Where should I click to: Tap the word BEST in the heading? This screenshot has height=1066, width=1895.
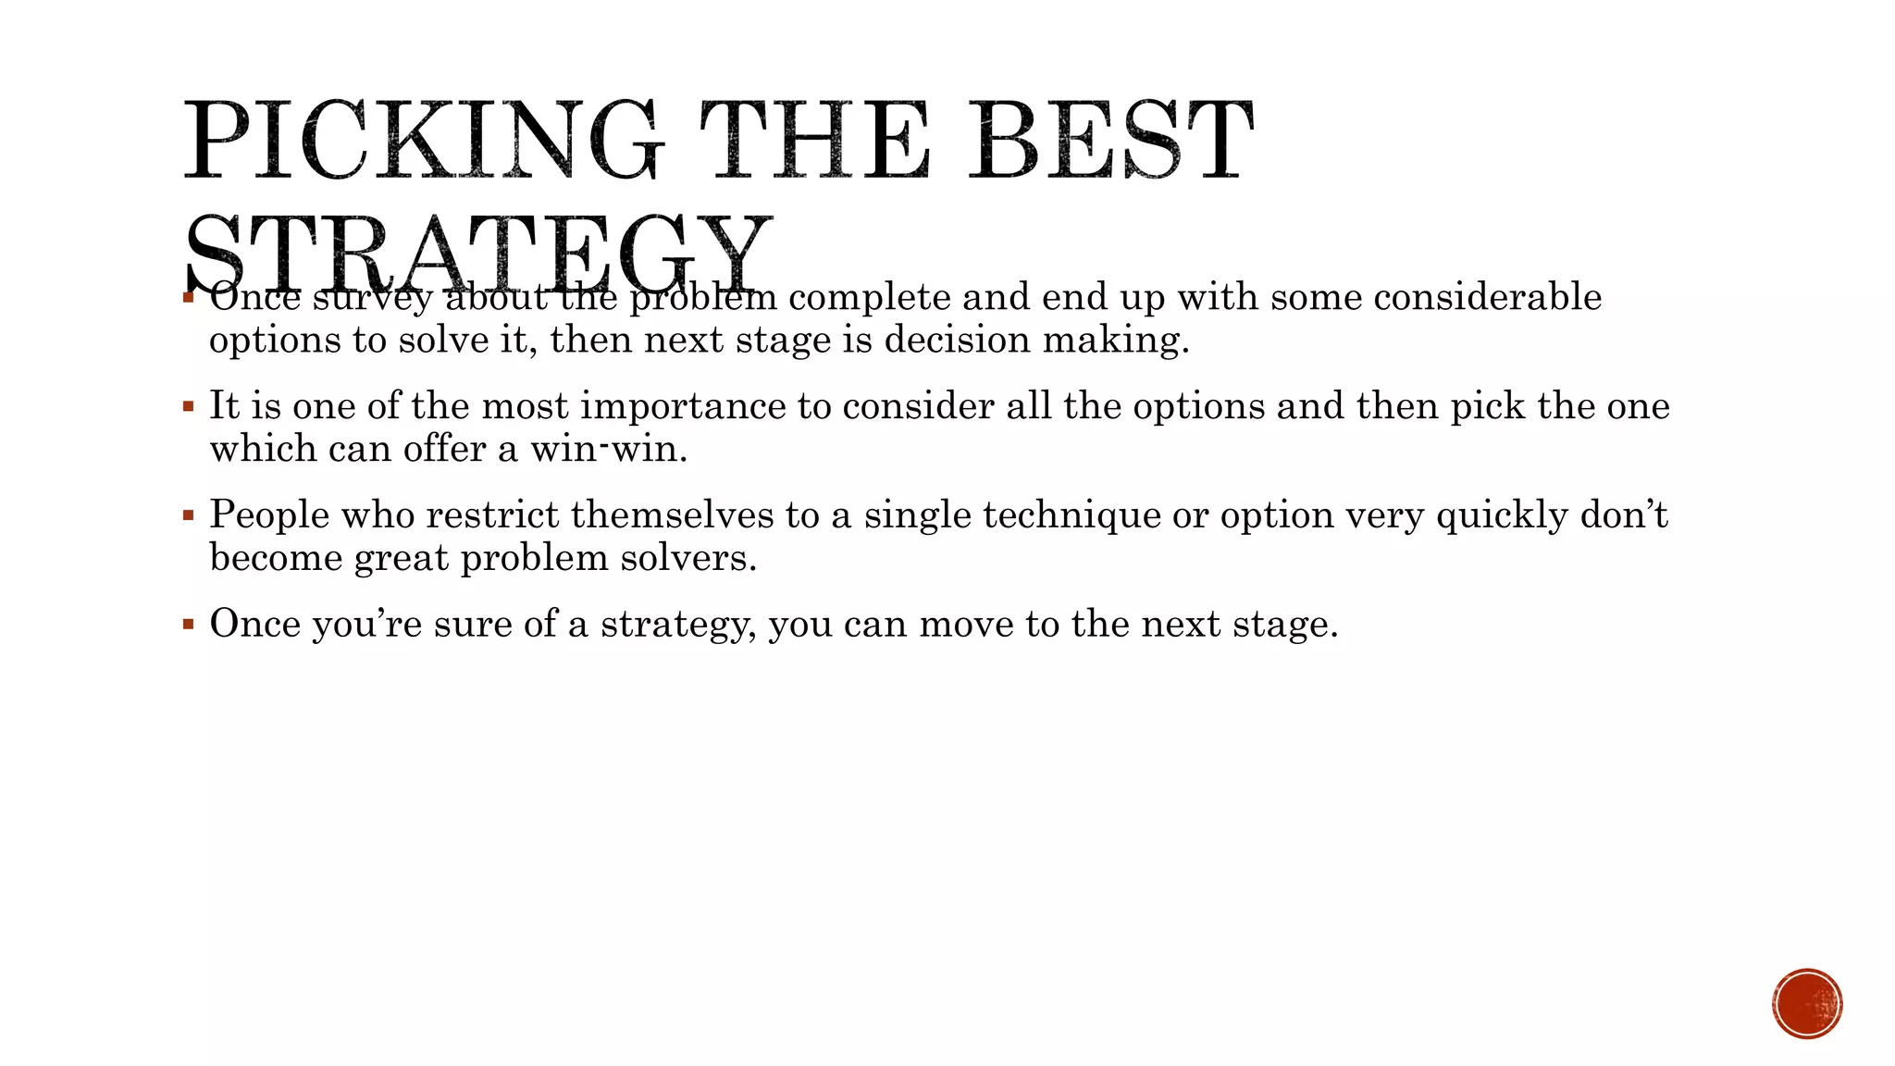1110,141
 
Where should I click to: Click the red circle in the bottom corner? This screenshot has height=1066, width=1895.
1807,1004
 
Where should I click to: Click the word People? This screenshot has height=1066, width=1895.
269,514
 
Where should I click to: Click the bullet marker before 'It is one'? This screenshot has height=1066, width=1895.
189,406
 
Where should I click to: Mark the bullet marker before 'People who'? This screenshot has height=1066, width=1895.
189,514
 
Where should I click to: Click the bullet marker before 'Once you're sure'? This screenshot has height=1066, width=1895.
189,624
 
